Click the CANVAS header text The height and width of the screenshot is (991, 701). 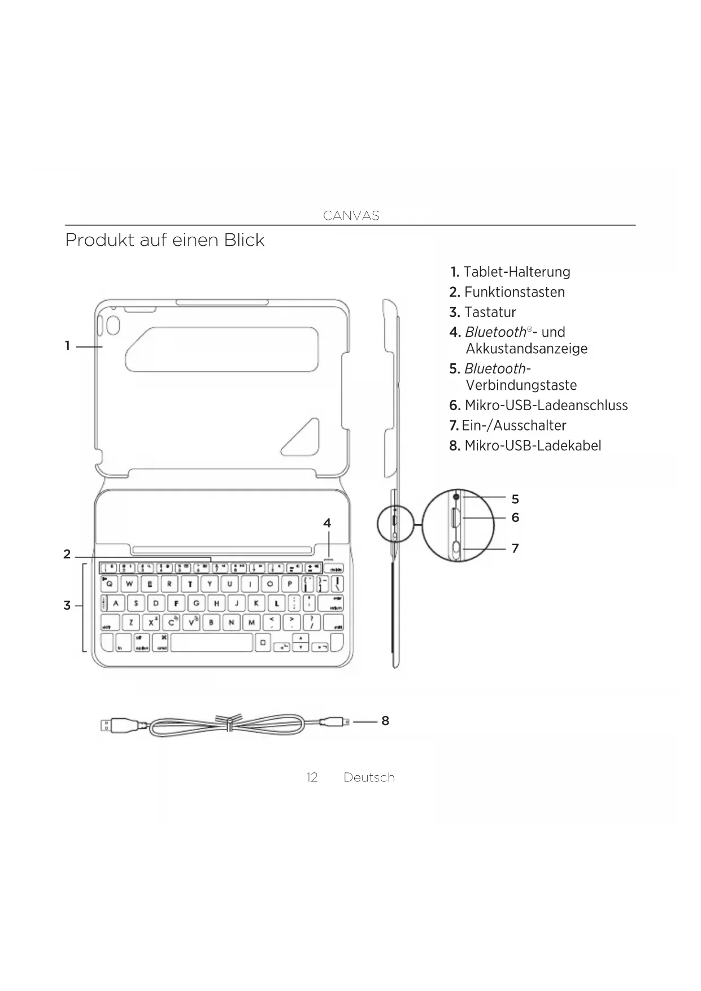pos(351,216)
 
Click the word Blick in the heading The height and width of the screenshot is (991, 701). pos(244,240)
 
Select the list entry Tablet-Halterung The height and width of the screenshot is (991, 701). pos(516,272)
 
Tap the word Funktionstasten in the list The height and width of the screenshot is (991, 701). pos(514,292)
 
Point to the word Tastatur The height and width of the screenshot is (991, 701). pos(490,312)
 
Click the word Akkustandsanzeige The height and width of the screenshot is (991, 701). pos(526,349)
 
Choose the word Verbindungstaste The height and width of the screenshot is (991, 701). pos(521,386)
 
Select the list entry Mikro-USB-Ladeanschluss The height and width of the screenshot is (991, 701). pos(546,406)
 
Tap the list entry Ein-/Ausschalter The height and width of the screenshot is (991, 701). pos(513,425)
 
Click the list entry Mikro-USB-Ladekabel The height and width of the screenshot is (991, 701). pos(532,446)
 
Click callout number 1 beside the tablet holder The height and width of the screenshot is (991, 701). pos(68,346)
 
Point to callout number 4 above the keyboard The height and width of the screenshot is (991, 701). pos(327,523)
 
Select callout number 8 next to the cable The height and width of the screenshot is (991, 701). pos(385,721)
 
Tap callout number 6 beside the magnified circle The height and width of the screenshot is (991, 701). pos(515,518)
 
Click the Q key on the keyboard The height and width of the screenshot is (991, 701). pos(109,584)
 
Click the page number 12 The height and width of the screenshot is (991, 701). pos(312,778)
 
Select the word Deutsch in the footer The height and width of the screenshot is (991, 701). pos(369,778)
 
